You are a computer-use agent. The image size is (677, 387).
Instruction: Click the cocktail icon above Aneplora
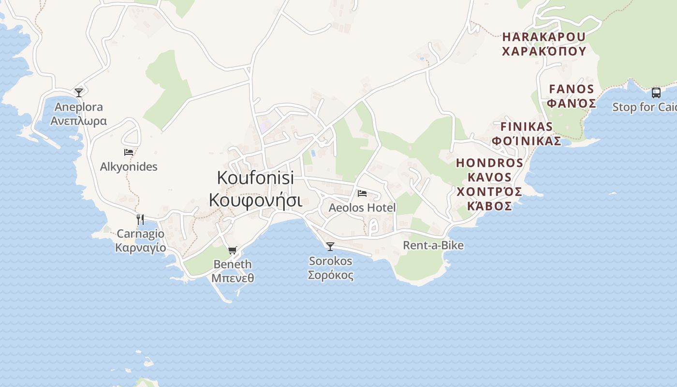[x=79, y=92]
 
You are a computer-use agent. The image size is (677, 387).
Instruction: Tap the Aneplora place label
[x=79, y=107]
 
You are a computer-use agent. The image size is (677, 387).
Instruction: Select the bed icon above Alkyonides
[x=129, y=152]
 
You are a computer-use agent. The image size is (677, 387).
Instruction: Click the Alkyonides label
[x=129, y=167]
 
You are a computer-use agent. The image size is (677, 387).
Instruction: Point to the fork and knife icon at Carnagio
[x=140, y=220]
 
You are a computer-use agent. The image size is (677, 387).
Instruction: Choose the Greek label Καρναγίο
[x=140, y=248]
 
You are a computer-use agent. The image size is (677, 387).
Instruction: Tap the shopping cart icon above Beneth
[x=233, y=250]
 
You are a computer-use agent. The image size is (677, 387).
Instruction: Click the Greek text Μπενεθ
[x=233, y=278]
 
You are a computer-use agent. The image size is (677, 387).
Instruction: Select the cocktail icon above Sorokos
[x=330, y=247]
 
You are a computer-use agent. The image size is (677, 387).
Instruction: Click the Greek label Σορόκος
[x=331, y=275]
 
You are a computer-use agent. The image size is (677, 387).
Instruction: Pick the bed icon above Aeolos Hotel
[x=362, y=193]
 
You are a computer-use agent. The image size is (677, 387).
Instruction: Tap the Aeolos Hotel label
[x=362, y=208]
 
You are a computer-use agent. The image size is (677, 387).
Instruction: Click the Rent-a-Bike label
[x=433, y=246]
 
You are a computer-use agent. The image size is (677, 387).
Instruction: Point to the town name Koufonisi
[x=255, y=178]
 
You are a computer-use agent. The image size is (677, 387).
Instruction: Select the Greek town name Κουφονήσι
[x=255, y=199]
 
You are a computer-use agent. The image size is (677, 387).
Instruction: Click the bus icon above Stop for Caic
[x=656, y=93]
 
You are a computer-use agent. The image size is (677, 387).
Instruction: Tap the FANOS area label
[x=572, y=89]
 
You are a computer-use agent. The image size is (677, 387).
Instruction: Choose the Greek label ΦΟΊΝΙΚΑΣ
[x=526, y=141]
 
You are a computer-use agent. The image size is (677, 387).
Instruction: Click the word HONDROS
[x=489, y=163]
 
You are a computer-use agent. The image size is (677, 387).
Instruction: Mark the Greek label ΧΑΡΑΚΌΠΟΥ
[x=544, y=51]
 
